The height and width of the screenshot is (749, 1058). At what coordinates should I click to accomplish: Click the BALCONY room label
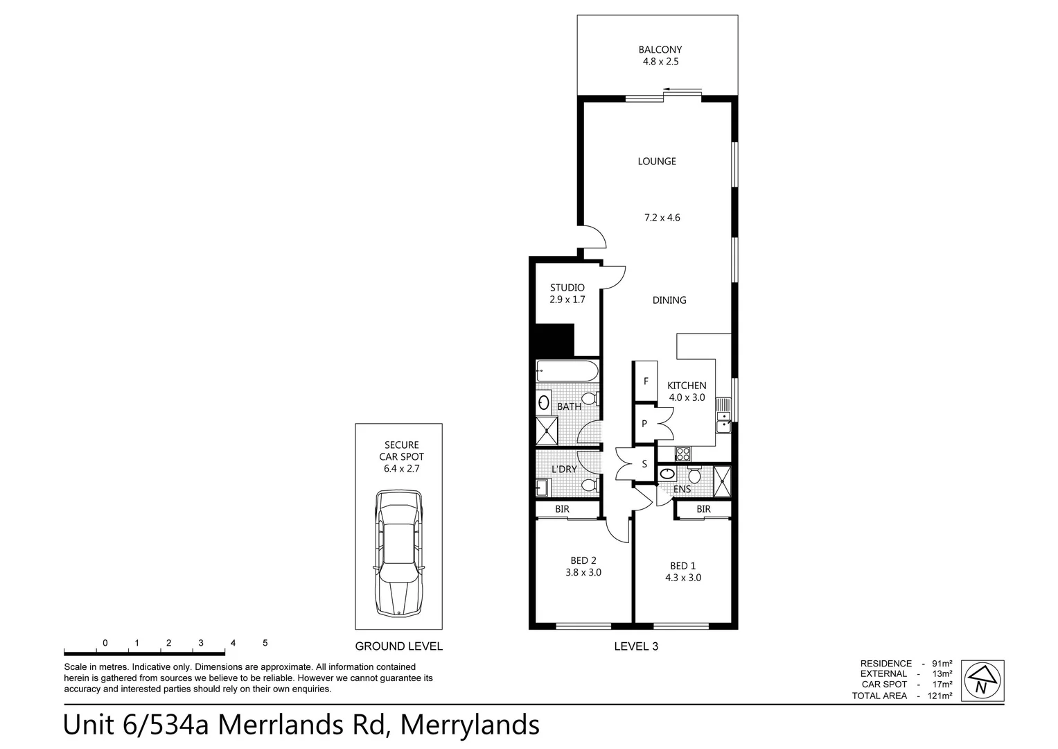click(x=660, y=49)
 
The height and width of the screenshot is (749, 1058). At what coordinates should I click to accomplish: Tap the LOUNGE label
click(x=657, y=161)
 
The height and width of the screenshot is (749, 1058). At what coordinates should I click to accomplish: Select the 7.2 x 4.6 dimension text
click(x=662, y=217)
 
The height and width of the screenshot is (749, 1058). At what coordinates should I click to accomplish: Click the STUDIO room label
click(x=567, y=287)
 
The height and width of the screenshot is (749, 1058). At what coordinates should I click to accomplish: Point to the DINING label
click(x=669, y=300)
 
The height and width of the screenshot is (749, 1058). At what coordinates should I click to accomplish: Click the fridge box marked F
click(x=646, y=381)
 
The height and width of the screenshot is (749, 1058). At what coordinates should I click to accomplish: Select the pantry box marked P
click(x=644, y=423)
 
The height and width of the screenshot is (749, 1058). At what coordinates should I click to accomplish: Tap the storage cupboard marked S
click(x=644, y=464)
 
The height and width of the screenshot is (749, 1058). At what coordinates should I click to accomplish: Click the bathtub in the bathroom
click(x=567, y=371)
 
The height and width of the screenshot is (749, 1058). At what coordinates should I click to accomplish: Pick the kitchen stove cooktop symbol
click(x=682, y=454)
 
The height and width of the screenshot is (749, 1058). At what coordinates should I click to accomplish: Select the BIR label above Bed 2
click(x=562, y=509)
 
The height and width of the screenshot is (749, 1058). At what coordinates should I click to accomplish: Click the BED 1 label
click(x=682, y=565)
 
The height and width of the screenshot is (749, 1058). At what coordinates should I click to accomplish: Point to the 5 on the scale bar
click(x=265, y=643)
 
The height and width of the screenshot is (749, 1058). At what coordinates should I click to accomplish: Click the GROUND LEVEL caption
click(x=398, y=646)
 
